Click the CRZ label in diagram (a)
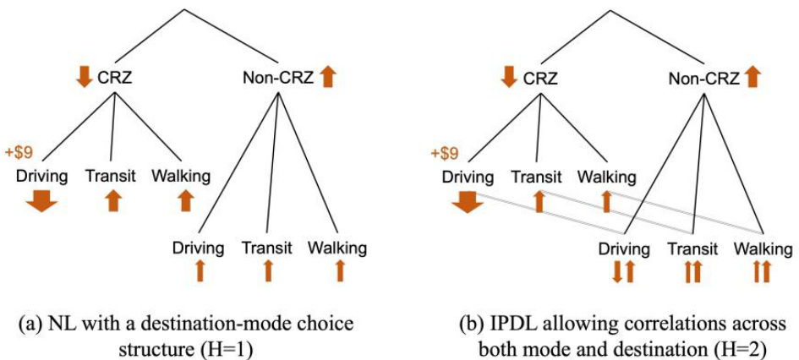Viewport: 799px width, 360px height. click(113, 79)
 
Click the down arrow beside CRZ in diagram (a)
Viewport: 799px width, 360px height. click(83, 78)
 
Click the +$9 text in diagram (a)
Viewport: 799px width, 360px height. click(23, 154)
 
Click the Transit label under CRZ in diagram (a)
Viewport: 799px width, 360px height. click(111, 177)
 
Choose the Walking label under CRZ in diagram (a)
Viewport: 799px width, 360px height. click(181, 177)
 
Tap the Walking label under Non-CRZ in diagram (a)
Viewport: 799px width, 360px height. click(337, 248)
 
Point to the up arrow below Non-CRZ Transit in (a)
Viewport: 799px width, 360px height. click(268, 270)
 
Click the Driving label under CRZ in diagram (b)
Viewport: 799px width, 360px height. click(468, 177)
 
